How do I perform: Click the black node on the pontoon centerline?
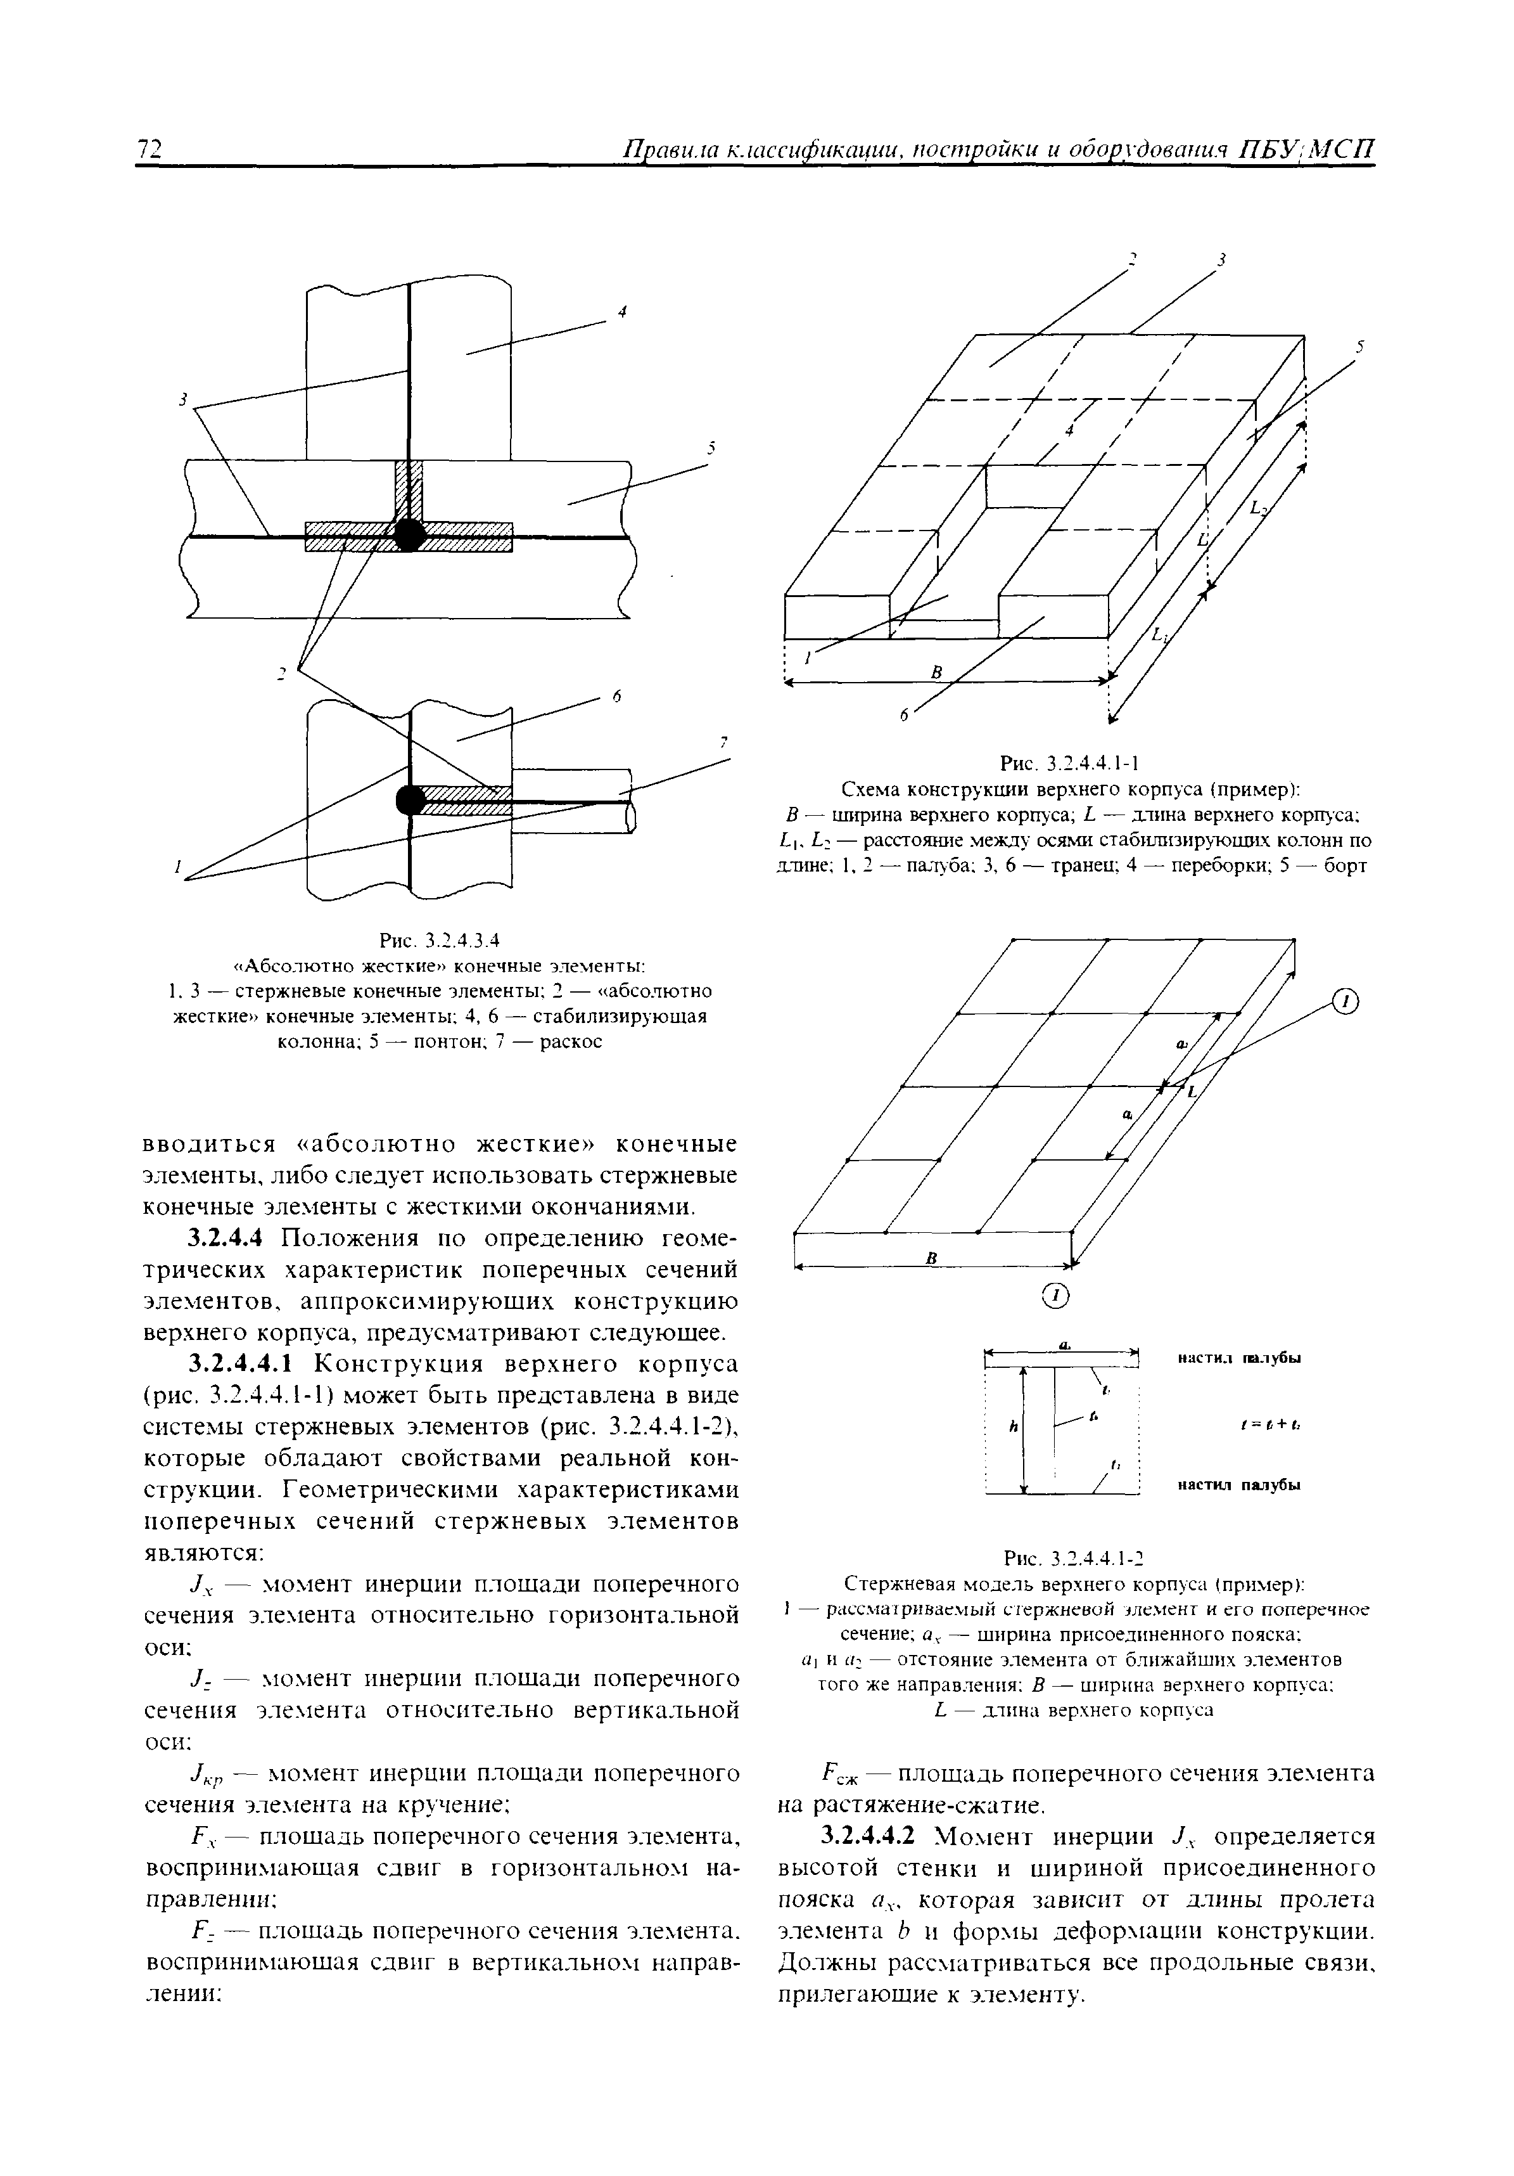[409, 534]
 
